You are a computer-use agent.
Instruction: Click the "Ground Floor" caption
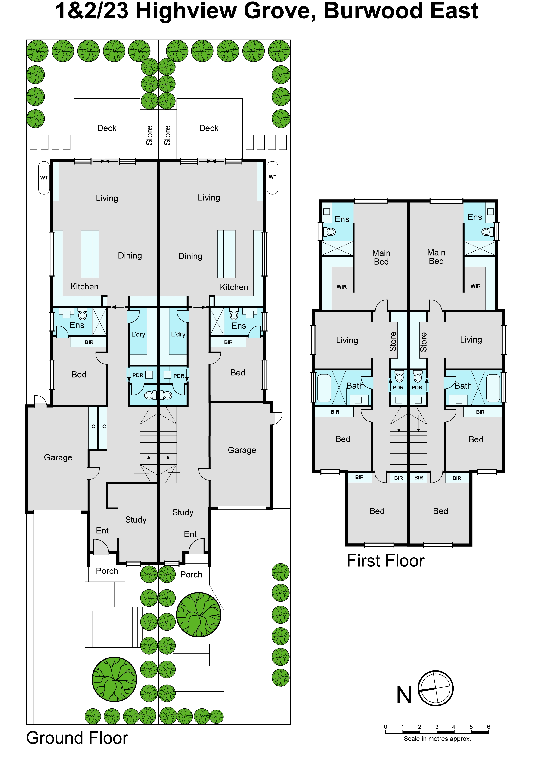pos(77,738)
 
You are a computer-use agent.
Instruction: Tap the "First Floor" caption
pos(385,561)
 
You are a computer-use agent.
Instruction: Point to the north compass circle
pos(436,688)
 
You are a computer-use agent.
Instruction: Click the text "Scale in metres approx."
pos(437,739)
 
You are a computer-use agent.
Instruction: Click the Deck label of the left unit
pos(107,128)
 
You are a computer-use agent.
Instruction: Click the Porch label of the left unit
pos(107,571)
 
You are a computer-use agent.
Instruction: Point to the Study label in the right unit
pos(183,512)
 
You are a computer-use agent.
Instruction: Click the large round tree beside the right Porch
pos(199,615)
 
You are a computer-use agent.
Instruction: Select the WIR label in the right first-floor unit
pos(476,286)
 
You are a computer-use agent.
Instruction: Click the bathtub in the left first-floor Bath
pos(324,388)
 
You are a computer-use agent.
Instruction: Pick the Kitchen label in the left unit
pos(84,286)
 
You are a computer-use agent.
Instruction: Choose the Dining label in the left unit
pos(130,256)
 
